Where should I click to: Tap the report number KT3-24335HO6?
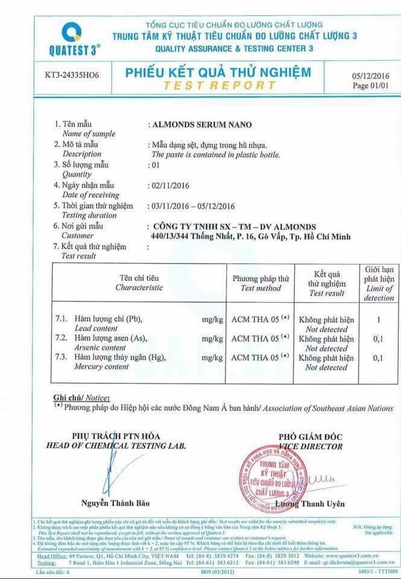coord(72,77)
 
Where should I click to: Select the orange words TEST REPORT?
coord(218,85)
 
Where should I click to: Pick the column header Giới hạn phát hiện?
coord(379,283)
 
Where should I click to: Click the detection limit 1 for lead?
coord(378,320)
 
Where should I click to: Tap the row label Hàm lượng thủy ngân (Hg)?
coord(119,358)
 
